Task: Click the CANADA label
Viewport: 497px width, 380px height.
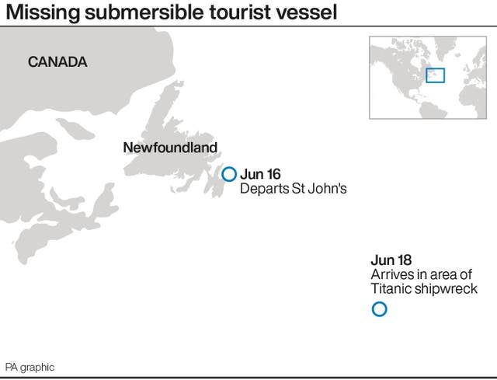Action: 57,63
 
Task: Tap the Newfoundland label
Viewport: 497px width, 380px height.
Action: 170,148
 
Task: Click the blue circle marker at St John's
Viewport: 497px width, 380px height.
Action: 229,174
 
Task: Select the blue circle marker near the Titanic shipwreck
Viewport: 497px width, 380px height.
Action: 379,309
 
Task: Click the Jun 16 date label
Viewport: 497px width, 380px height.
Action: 259,174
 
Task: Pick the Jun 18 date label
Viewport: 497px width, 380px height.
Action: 391,260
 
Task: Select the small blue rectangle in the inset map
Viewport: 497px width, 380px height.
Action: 436,75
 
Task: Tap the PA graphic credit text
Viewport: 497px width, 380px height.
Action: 30,367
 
